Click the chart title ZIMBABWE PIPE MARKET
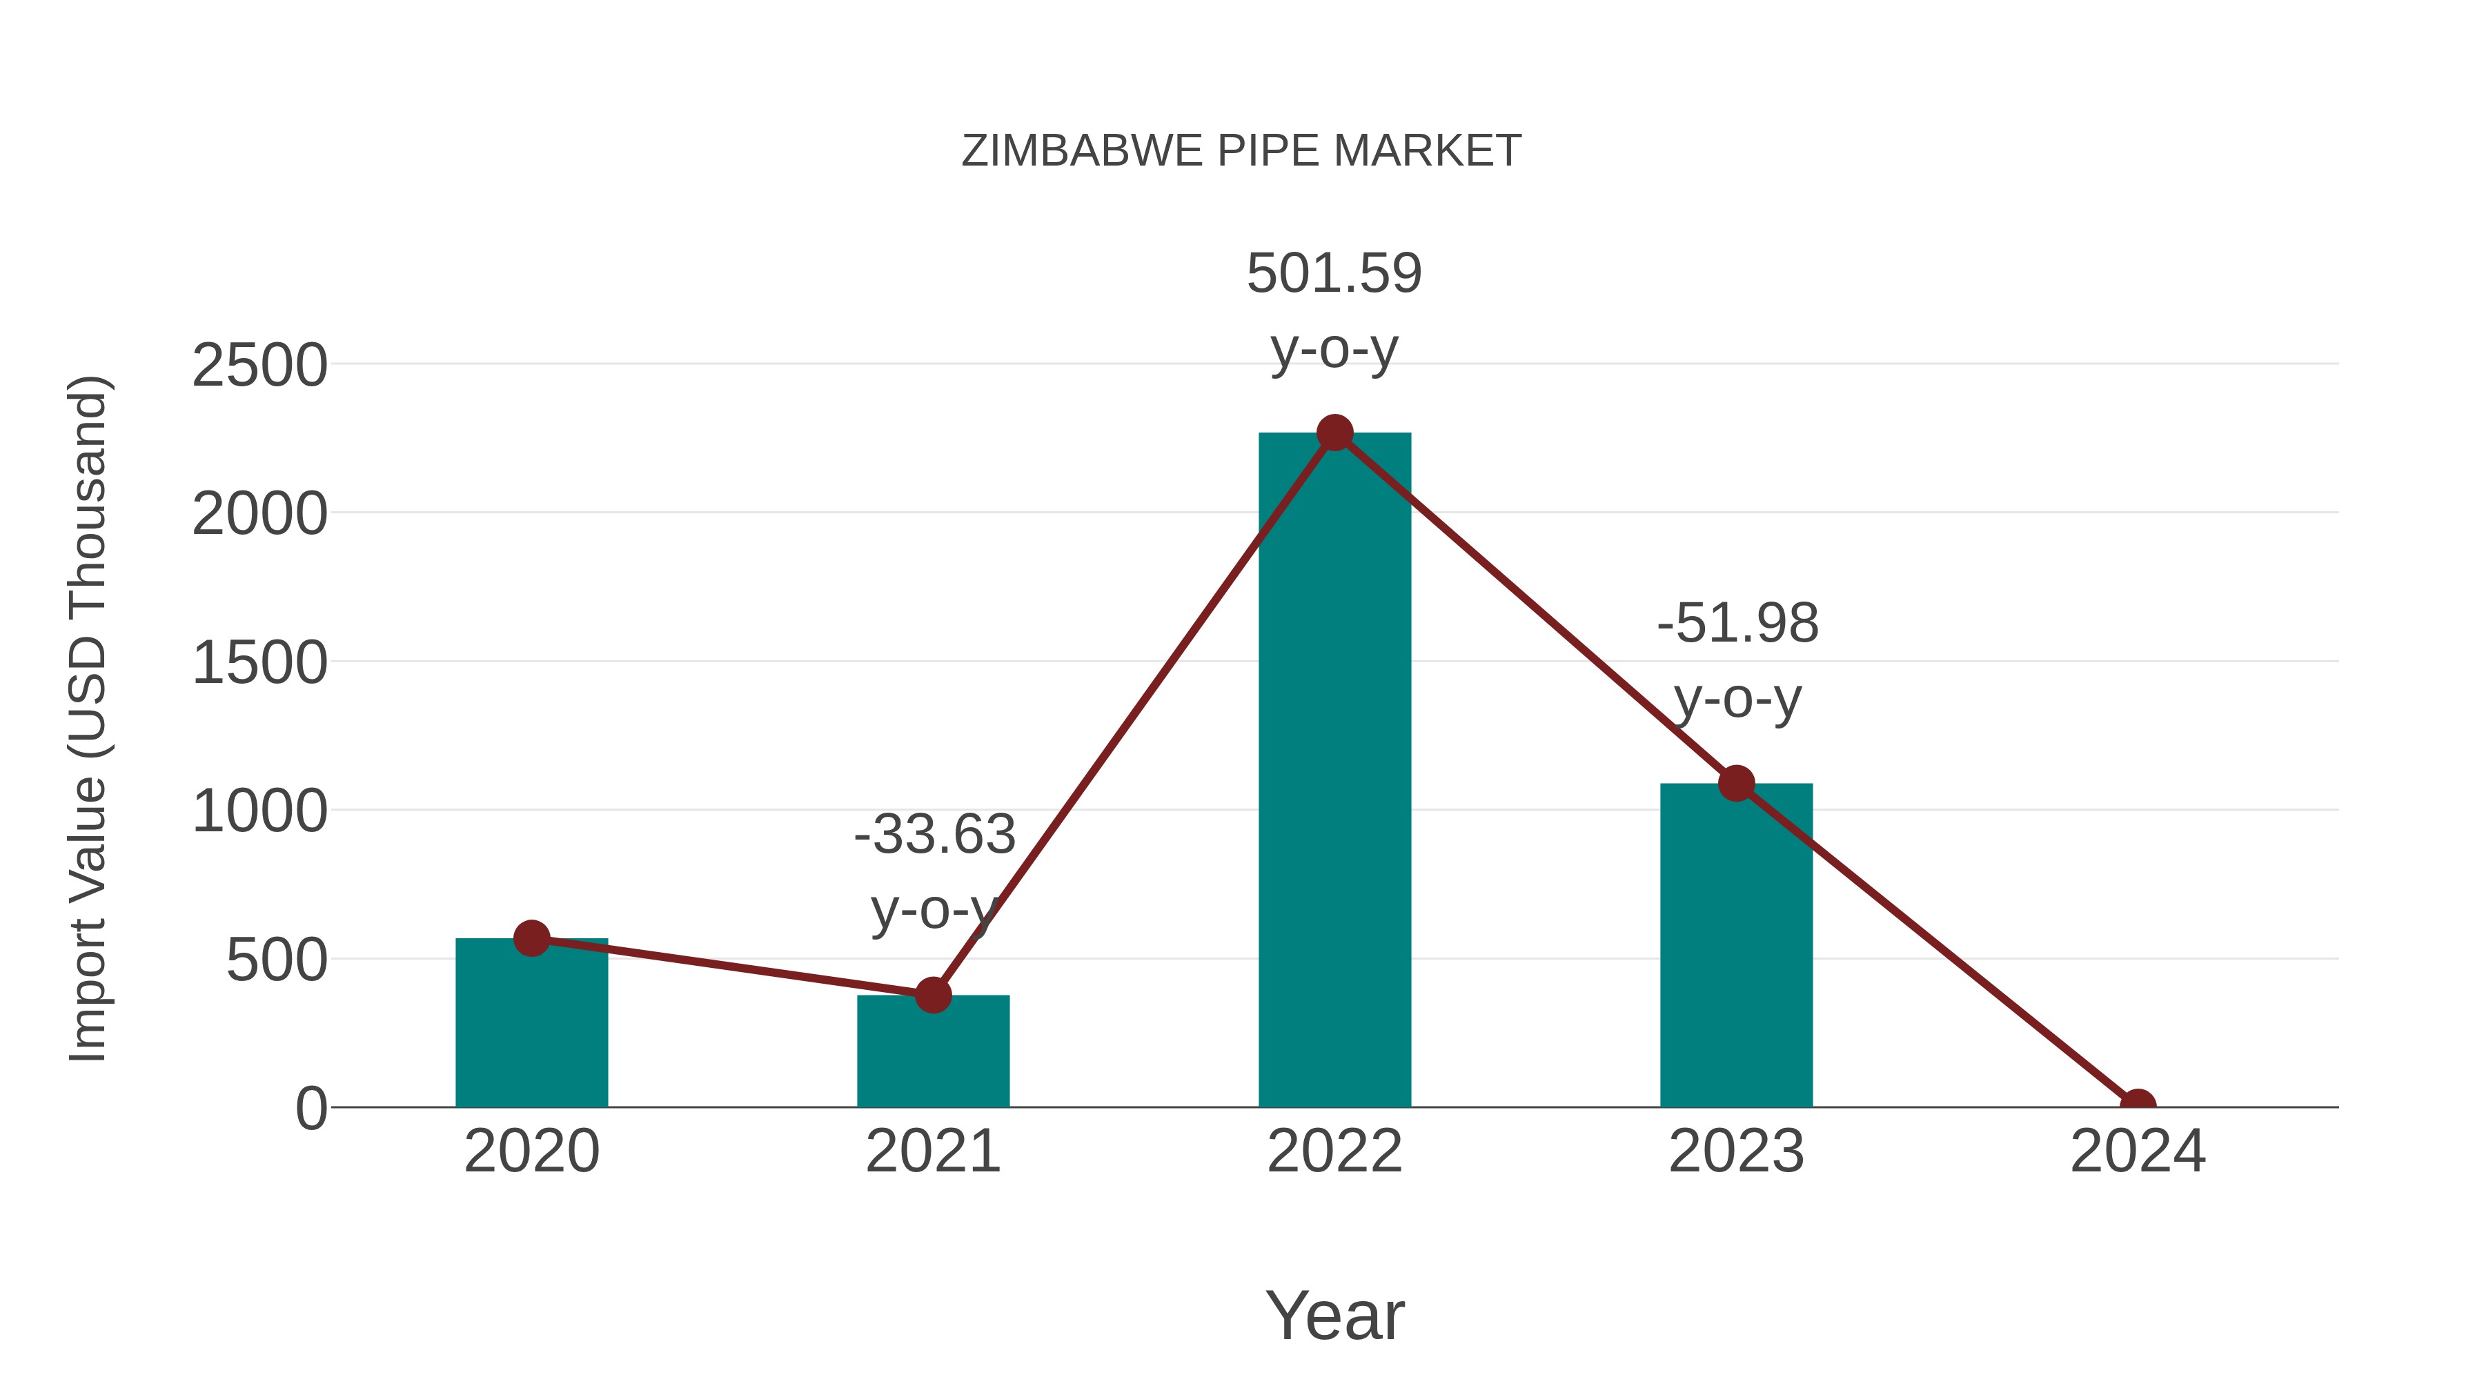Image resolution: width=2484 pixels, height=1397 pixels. click(x=1241, y=151)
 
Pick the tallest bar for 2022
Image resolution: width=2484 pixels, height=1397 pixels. click(x=1334, y=771)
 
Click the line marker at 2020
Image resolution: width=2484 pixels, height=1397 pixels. click(x=531, y=938)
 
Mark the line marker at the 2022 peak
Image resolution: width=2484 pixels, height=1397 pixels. click(x=1334, y=433)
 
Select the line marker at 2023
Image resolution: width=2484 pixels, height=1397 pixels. click(x=1736, y=784)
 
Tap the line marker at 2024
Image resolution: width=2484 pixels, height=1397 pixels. click(x=2137, y=1105)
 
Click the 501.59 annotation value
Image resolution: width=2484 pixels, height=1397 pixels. click(x=1334, y=274)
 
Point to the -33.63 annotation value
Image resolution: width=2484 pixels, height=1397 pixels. click(x=934, y=835)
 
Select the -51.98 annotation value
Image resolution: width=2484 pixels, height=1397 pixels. click(x=1737, y=624)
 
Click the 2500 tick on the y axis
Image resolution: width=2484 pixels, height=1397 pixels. click(x=259, y=366)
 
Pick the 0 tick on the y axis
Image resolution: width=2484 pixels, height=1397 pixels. click(x=310, y=1109)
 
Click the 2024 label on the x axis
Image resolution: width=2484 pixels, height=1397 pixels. click(x=2137, y=1151)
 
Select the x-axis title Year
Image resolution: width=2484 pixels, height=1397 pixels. click(x=1334, y=1316)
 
